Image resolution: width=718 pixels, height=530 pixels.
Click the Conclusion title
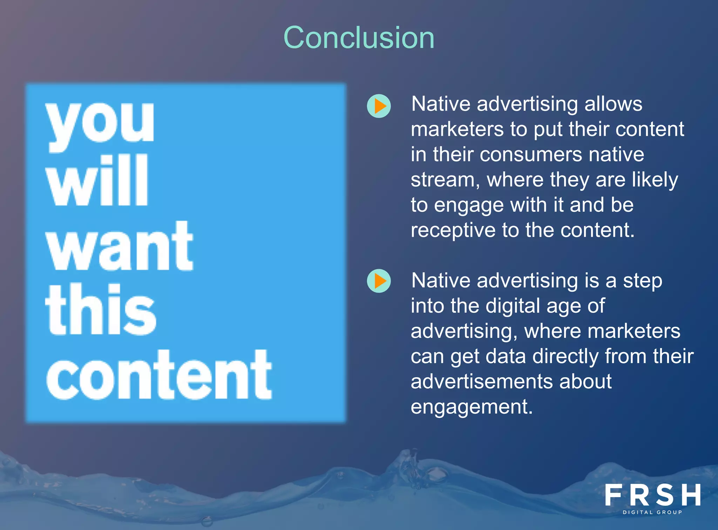pos(359,38)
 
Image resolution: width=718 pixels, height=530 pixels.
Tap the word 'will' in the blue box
pos(97,181)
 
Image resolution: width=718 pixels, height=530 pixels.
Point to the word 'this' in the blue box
pos(101,310)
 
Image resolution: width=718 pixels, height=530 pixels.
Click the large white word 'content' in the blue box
pos(159,375)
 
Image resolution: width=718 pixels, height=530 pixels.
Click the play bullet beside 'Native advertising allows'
pos(379,106)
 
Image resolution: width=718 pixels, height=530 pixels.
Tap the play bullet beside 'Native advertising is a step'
pos(379,281)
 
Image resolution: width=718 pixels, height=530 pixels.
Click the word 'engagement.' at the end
pos(472,407)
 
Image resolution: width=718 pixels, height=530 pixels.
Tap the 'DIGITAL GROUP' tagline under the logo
pos(652,512)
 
